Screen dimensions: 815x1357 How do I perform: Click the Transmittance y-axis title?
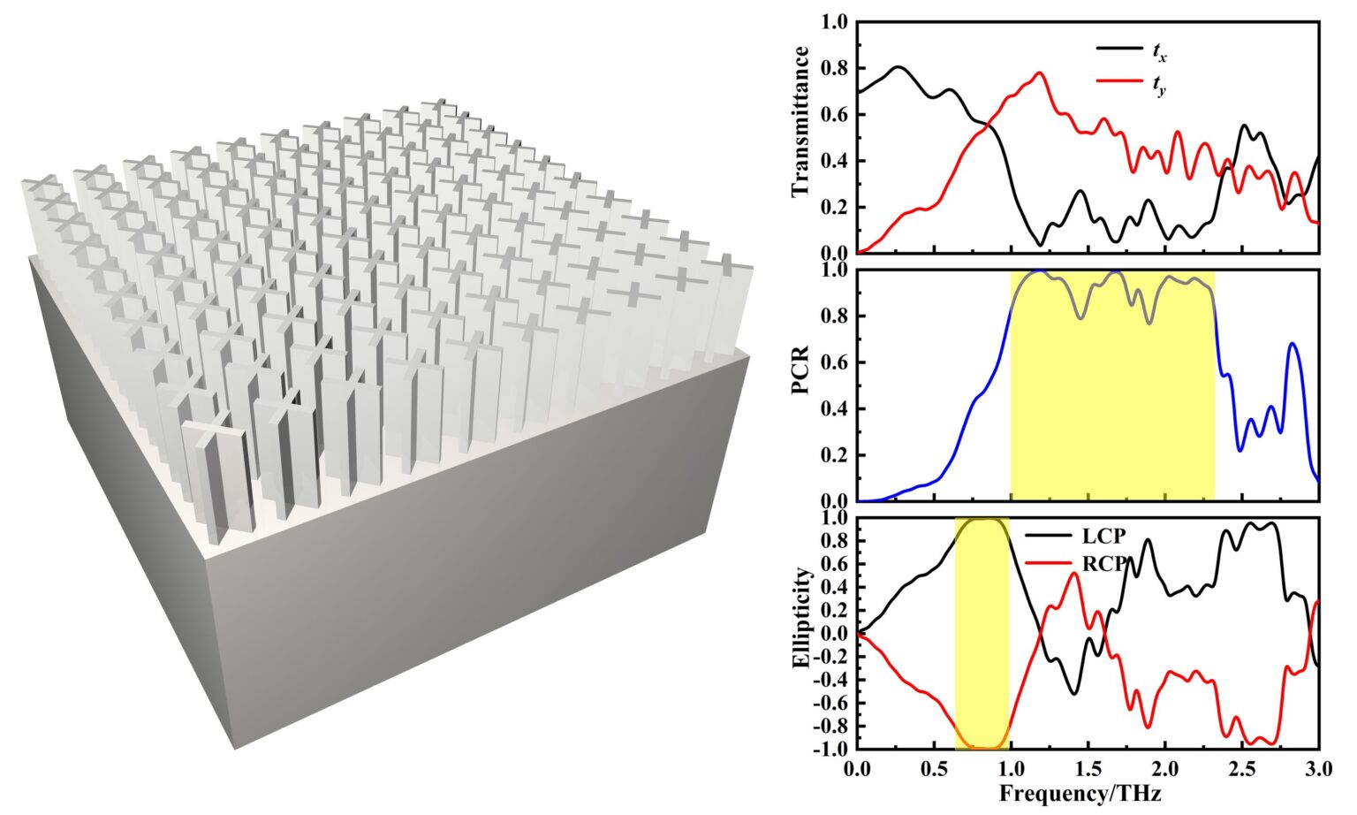pyautogui.click(x=800, y=122)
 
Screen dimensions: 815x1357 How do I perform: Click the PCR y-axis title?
pyautogui.click(x=800, y=385)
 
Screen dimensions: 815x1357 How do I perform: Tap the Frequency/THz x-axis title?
pyautogui.click(x=1080, y=793)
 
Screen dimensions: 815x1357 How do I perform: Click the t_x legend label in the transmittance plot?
pyautogui.click(x=1159, y=54)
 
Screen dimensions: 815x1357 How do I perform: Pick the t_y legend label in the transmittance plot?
pyautogui.click(x=1159, y=87)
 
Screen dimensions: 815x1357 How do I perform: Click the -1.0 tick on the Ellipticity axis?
pyautogui.click(x=832, y=750)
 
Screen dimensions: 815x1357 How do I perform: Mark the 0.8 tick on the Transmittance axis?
pyautogui.click(x=835, y=68)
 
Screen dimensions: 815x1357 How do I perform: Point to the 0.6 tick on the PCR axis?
pyautogui.click(x=835, y=362)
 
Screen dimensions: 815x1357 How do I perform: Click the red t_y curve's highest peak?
pyautogui.click(x=1040, y=73)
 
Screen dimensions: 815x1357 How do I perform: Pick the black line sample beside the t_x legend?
pyautogui.click(x=1118, y=50)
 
